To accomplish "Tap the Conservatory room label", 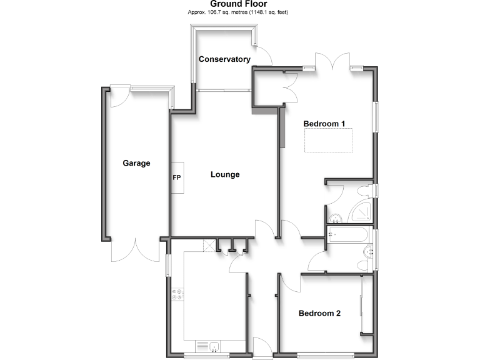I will click(x=224, y=59).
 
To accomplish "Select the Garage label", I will click(x=136, y=163).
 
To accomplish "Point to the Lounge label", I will click(x=224, y=174).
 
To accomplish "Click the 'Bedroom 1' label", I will click(x=324, y=124).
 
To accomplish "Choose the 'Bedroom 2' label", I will click(x=319, y=313).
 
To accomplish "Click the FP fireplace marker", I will click(x=177, y=177).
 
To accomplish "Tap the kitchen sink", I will click(x=209, y=346).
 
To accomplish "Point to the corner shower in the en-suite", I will click(x=361, y=212).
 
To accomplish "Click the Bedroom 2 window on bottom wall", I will click(x=326, y=356).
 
